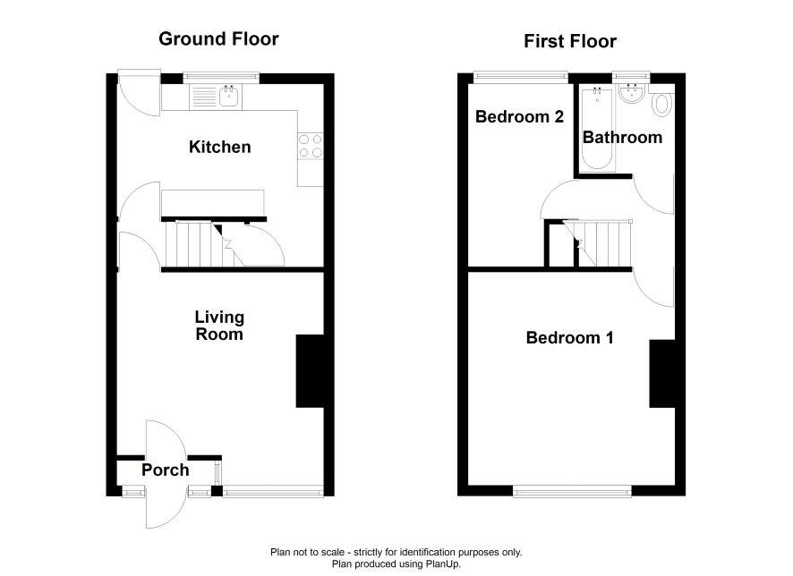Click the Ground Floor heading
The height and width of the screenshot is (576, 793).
click(x=218, y=38)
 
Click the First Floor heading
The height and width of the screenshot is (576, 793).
click(x=570, y=41)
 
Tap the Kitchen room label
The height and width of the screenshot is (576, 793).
click(x=219, y=147)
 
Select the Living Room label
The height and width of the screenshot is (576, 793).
click(x=219, y=326)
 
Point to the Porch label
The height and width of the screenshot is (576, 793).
click(x=166, y=470)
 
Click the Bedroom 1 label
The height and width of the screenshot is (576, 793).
click(x=569, y=337)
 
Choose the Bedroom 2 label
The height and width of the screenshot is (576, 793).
click(x=519, y=116)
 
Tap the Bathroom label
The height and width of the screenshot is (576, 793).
click(x=622, y=138)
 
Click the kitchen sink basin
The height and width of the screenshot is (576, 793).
click(x=229, y=96)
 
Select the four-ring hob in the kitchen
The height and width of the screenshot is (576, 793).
click(x=311, y=146)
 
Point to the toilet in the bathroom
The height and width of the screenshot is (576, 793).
click(x=661, y=104)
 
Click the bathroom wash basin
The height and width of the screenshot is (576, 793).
click(x=631, y=94)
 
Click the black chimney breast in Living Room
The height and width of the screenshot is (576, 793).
click(x=310, y=371)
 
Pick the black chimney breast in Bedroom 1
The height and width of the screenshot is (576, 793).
click(x=662, y=373)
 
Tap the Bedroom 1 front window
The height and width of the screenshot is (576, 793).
click(x=572, y=490)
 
